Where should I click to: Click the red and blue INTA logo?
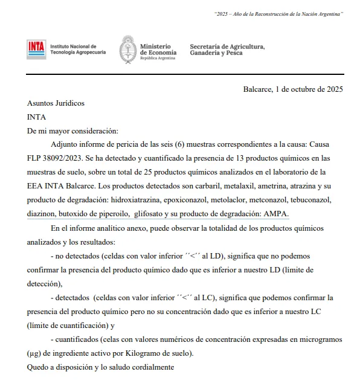(x=36, y=49)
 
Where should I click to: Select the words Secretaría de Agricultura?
(x=227, y=46)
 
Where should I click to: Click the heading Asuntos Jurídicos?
(x=56, y=103)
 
